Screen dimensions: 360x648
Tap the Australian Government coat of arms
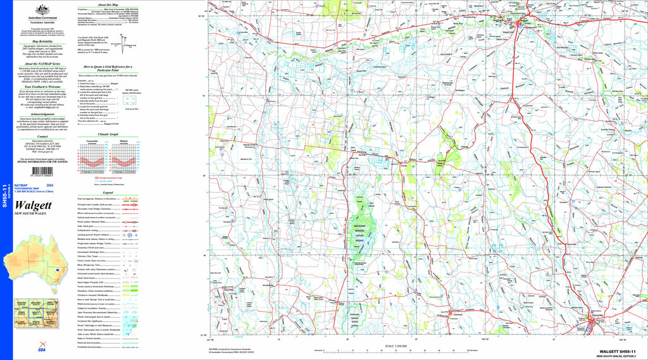coord(43,8)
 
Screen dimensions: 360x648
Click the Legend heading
coord(108,192)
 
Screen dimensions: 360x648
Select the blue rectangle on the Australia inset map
coord(58,269)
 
